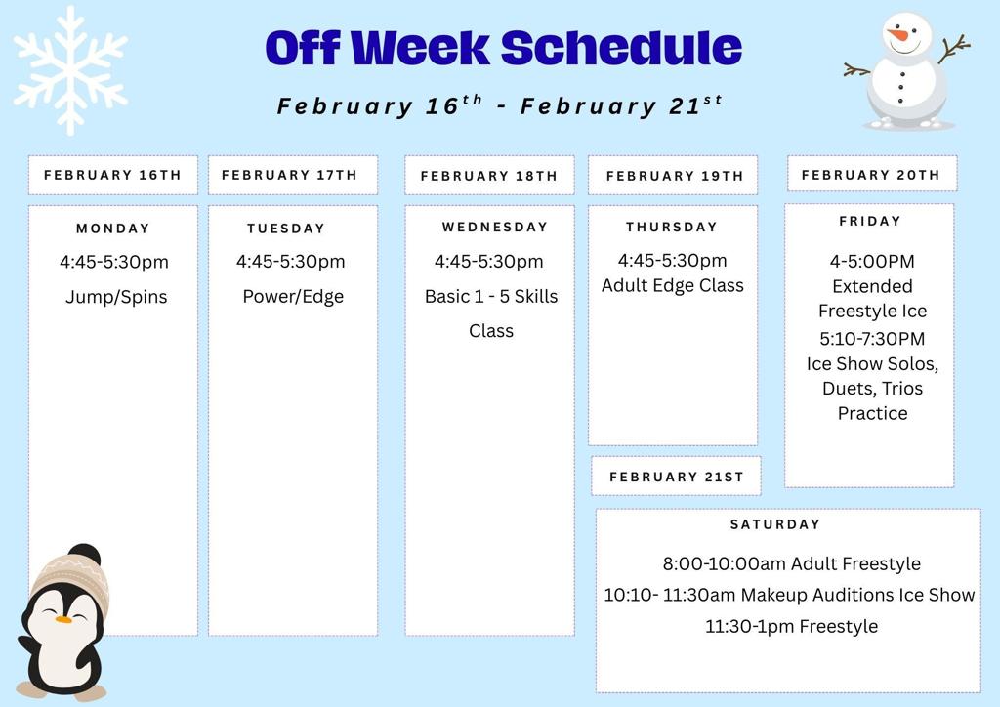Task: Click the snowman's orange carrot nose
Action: pos(896,36)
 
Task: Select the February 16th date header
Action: pos(112,175)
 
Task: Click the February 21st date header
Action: pos(676,477)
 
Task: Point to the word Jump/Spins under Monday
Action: pos(116,297)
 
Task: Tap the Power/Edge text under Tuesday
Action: pos(293,296)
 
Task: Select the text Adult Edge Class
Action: pos(672,285)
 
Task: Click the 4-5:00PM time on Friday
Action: pos(872,261)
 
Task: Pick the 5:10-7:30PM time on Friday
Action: pos(872,338)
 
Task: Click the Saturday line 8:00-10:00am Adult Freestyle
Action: pos(791,563)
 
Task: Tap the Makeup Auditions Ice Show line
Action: pos(789,594)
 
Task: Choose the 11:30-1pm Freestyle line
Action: pos(791,626)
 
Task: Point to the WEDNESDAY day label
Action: pos(494,227)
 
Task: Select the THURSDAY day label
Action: pos(672,227)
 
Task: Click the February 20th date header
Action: pos(870,175)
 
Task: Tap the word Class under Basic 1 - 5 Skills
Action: pos(490,330)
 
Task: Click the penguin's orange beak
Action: pos(63,619)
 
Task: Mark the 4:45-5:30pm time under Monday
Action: pos(113,262)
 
